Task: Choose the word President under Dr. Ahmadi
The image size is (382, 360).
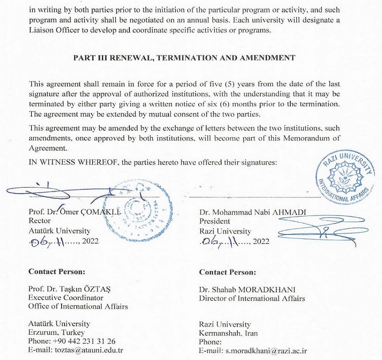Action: (215, 221)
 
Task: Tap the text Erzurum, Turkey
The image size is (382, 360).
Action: (53, 333)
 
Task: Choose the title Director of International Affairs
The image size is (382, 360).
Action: (252, 298)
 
